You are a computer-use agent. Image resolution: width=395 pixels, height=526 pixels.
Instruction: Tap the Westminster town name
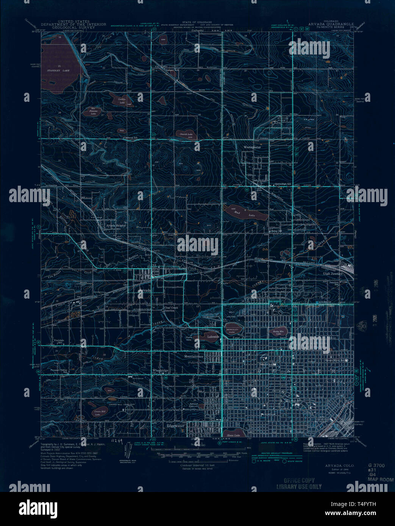tap(253, 147)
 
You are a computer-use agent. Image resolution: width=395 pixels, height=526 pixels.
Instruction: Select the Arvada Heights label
tap(116, 225)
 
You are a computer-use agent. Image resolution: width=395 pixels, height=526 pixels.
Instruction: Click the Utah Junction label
tap(333, 273)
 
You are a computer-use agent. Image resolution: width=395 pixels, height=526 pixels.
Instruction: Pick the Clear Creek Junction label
tap(169, 309)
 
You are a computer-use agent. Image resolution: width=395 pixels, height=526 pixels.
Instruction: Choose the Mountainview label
tap(194, 356)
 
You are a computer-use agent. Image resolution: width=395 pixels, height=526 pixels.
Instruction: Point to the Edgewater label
tap(175, 425)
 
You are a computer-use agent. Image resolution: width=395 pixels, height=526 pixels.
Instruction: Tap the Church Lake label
tap(186, 134)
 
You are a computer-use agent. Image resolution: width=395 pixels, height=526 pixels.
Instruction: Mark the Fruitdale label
tap(58, 341)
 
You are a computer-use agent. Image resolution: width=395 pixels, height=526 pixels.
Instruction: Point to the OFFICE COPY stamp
tap(301, 481)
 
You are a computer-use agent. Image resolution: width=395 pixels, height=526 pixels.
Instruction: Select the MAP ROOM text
tap(380, 480)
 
